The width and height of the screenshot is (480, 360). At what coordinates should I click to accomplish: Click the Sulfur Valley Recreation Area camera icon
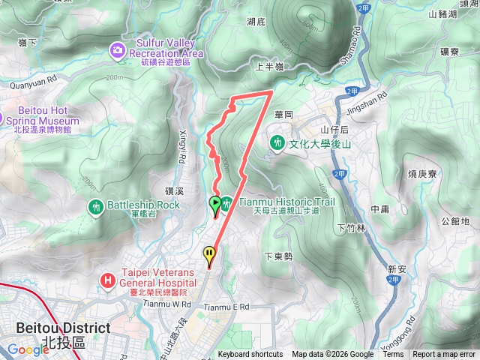click(118, 50)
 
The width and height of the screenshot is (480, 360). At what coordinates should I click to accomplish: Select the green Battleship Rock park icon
click(95, 205)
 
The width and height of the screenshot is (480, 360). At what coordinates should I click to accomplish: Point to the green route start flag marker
click(215, 203)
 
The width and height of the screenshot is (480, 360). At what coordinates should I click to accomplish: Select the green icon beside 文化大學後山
click(277, 141)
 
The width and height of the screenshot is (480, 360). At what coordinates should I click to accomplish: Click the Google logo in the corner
click(28, 349)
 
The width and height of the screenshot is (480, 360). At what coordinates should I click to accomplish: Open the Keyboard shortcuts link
click(250, 355)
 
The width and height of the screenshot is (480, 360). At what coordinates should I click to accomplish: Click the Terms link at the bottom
click(393, 355)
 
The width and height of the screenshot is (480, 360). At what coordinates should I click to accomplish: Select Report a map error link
click(444, 355)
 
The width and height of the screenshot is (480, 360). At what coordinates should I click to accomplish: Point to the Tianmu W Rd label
click(166, 304)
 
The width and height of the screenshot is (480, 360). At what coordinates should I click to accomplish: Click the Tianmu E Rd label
click(226, 307)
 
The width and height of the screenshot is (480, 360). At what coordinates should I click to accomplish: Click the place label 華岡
click(284, 115)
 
